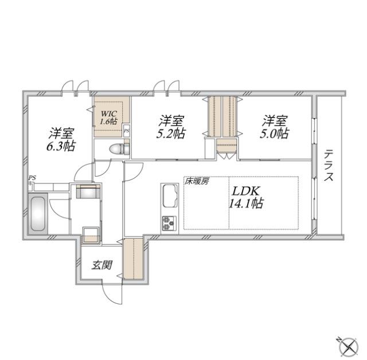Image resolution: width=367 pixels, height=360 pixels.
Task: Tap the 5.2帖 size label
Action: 171,134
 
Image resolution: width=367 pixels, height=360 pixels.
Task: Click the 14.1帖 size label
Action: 247,203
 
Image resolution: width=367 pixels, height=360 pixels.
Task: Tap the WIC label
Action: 109,114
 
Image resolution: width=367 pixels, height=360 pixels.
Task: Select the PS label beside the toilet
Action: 126,130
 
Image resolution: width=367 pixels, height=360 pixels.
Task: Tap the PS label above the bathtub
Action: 32,178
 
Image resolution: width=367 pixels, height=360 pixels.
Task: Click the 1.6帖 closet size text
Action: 109,122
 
